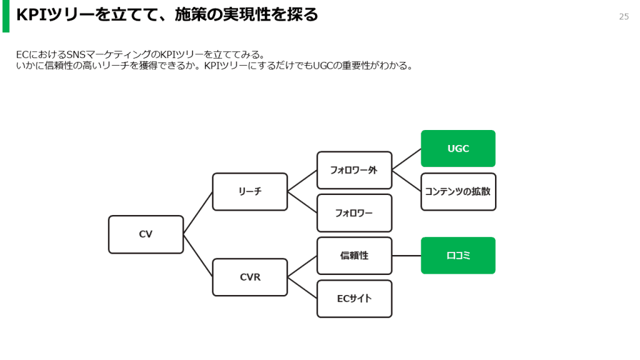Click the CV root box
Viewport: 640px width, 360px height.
tap(146, 234)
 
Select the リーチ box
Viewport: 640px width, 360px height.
tap(250, 192)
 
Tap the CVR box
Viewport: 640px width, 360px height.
tap(250, 277)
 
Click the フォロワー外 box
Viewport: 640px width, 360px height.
tap(354, 170)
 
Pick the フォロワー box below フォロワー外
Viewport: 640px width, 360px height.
tap(354, 213)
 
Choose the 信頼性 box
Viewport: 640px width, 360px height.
tap(354, 256)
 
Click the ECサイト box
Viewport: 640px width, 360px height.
tap(354, 298)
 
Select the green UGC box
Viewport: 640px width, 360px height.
tap(458, 149)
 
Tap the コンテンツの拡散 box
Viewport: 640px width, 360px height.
tap(458, 192)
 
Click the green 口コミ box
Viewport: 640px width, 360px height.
tap(458, 256)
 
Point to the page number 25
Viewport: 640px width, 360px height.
tap(624, 17)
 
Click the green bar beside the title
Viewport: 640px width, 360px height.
tap(6, 16)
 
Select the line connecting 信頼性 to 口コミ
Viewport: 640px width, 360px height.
tap(406, 256)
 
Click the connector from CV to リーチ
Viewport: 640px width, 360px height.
tap(198, 212)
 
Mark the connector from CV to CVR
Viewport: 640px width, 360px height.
tap(198, 256)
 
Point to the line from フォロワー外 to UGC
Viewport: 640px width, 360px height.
tap(406, 159)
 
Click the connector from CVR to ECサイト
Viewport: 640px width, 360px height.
tap(302, 287)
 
